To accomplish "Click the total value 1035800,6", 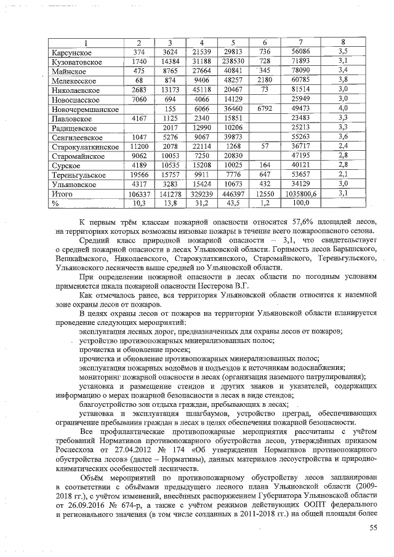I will (305, 193).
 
